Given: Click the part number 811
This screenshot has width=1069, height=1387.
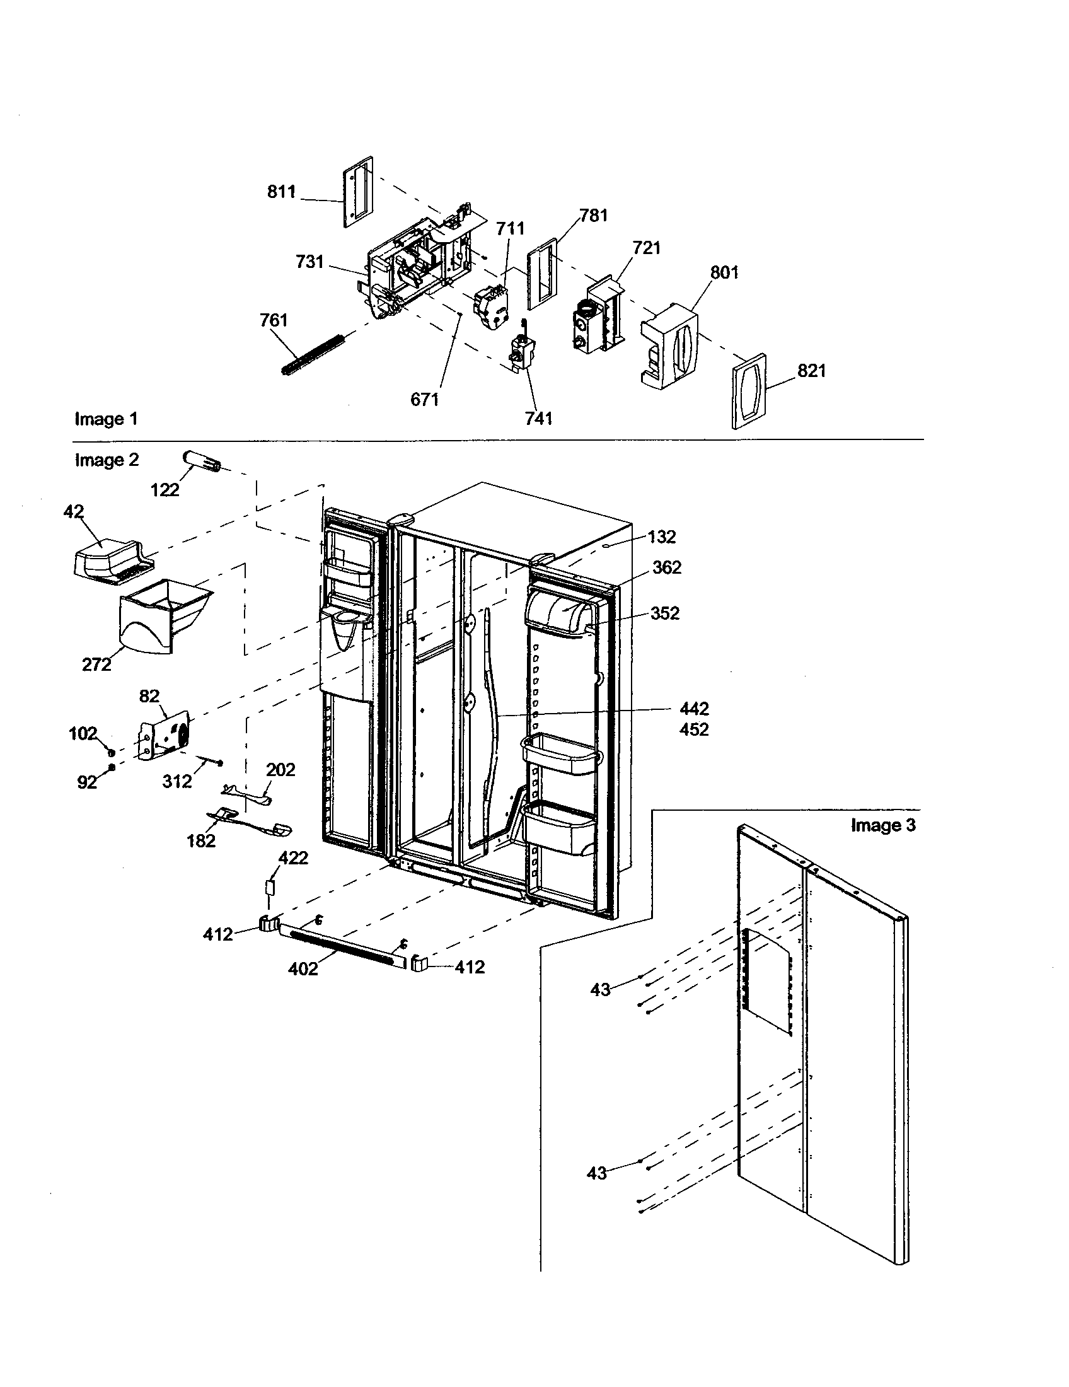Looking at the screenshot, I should (x=281, y=192).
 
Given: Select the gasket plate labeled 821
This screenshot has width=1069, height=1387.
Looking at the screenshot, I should (x=749, y=392).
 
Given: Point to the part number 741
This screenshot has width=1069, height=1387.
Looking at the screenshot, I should (x=538, y=418).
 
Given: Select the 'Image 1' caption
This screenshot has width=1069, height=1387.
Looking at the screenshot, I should (x=105, y=419).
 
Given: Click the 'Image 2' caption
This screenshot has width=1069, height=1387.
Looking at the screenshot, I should (x=107, y=460).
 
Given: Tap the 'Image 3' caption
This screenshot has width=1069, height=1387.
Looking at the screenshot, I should (x=883, y=825).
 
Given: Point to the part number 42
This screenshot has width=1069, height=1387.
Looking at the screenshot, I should (x=74, y=512).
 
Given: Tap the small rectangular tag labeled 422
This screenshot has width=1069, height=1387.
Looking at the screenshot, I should (x=270, y=886).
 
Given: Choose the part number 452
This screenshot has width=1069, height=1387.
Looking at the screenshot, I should (x=694, y=729).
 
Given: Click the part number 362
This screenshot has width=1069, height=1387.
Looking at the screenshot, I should (x=667, y=568).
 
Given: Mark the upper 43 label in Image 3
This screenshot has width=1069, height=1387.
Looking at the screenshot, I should (x=600, y=989).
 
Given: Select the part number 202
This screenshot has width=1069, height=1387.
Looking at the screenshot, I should (x=280, y=770).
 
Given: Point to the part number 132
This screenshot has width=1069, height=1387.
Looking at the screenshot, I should (x=662, y=537).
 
